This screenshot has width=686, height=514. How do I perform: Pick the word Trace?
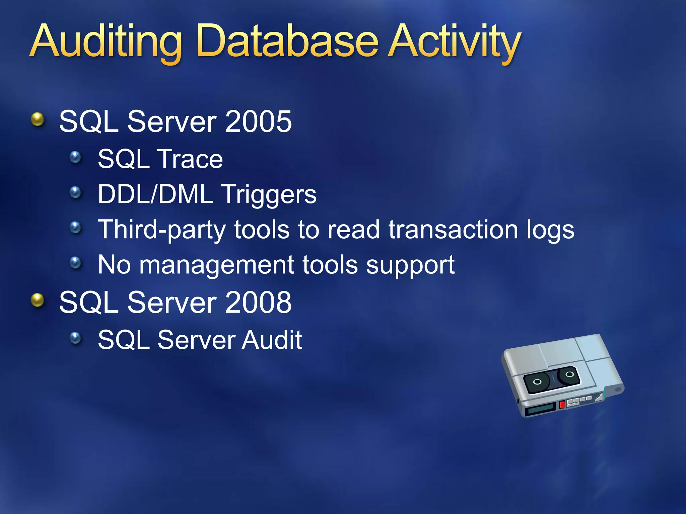tap(190, 159)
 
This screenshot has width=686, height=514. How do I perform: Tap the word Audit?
tap(272, 340)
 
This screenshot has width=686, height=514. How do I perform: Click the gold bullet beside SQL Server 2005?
tap(38, 119)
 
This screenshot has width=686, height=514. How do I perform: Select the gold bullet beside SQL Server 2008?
tap(38, 300)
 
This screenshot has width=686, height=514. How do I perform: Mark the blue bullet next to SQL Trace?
tap(75, 157)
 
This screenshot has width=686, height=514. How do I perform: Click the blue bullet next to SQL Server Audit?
tap(75, 338)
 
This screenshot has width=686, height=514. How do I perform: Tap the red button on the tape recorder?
tap(562, 404)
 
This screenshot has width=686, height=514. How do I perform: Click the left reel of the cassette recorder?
tap(537, 382)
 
